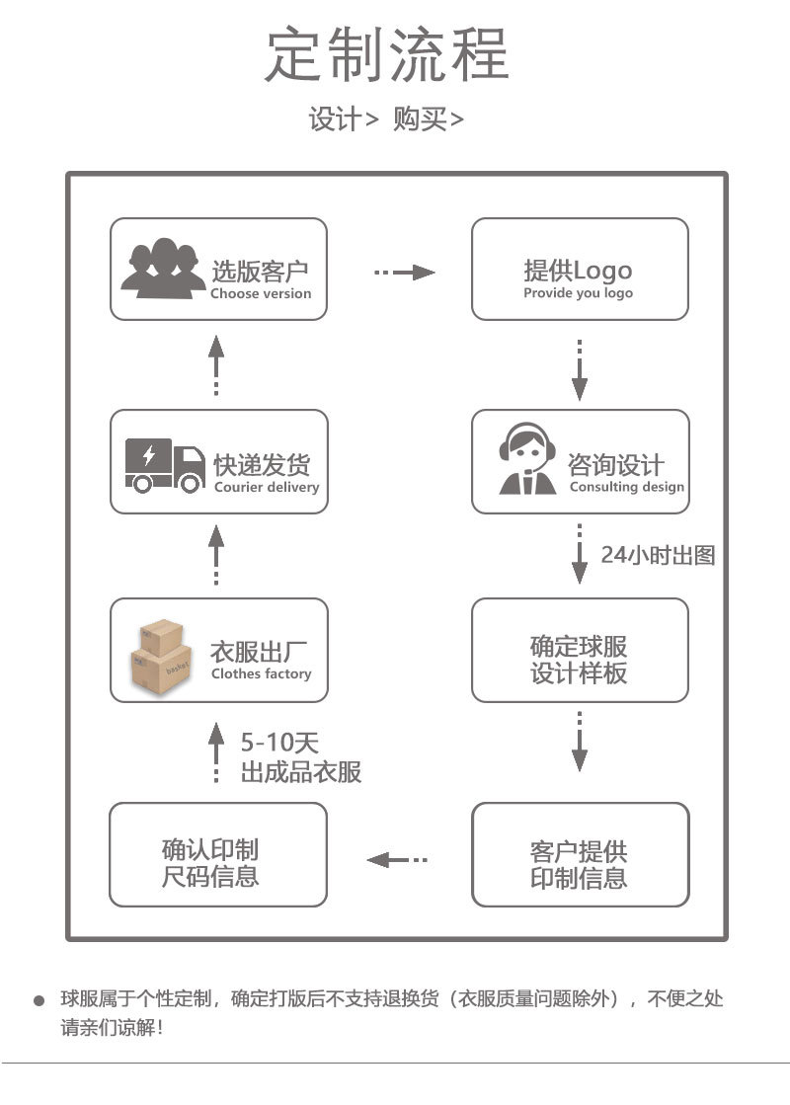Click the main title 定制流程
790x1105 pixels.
pos(387,55)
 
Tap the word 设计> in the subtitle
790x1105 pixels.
pos(343,119)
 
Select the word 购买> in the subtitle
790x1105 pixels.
pos(428,119)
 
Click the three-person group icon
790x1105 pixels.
pos(157,268)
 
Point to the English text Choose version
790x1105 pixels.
pos(261,293)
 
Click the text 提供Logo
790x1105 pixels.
pos(578,270)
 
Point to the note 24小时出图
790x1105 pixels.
pos(658,554)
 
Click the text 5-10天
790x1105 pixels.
pos(279,743)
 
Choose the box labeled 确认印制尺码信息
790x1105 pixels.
pos(217,854)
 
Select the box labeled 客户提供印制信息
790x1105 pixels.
pos(580,855)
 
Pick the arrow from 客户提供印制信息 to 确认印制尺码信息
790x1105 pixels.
pos(397,859)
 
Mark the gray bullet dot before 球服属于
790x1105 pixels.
pos(39,1000)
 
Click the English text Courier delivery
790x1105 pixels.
pos(267,487)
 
